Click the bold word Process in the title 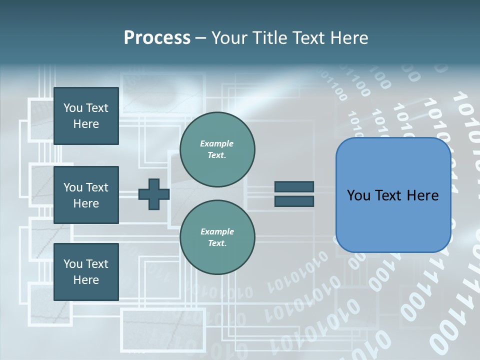click(157, 38)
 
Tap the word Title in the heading click(270, 38)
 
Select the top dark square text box click(86, 116)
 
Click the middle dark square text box click(86, 195)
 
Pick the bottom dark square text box click(86, 272)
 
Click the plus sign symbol click(154, 194)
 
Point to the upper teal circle click(217, 149)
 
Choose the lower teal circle click(217, 237)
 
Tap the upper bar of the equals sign click(294, 186)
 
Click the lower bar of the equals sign click(294, 201)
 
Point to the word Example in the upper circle click(217, 143)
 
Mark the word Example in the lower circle click(217, 231)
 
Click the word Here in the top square click(86, 124)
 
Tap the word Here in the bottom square click(86, 280)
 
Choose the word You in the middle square click(73, 187)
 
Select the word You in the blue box click(358, 195)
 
